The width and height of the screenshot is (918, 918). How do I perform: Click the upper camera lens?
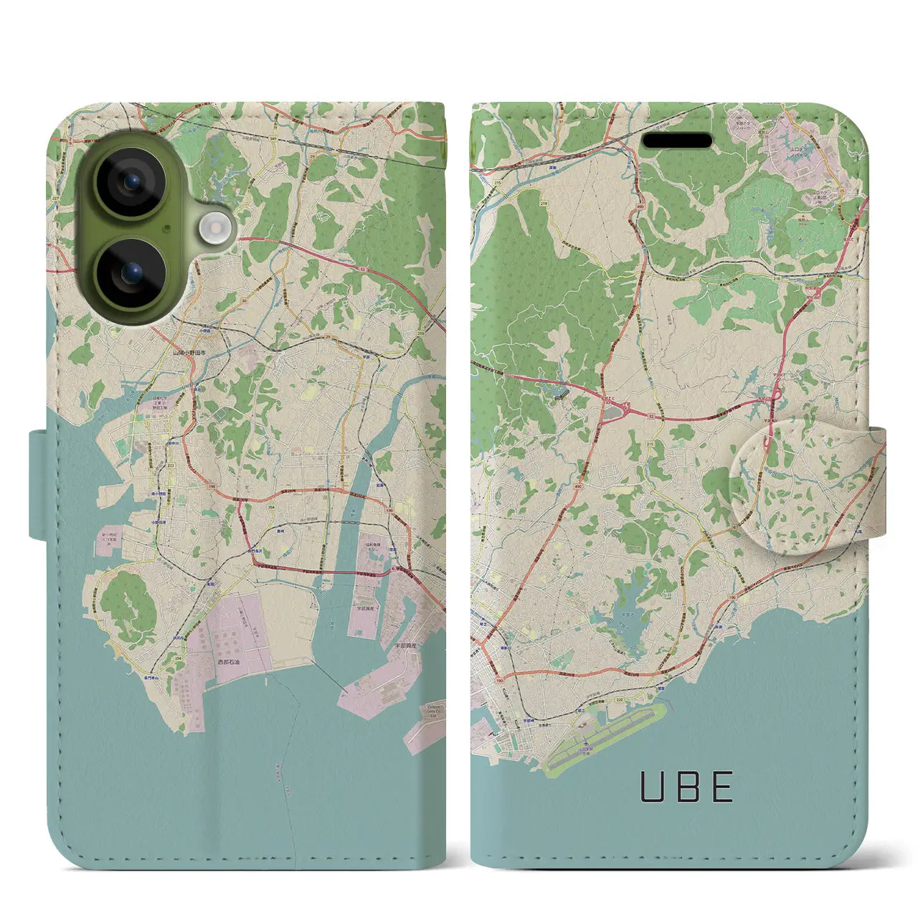[x=131, y=184]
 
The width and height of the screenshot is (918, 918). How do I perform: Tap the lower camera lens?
[x=131, y=273]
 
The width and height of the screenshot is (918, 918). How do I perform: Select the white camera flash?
[x=213, y=229]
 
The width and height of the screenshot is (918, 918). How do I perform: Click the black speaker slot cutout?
[x=676, y=141]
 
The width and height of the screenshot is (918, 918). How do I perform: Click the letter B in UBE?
[x=687, y=787]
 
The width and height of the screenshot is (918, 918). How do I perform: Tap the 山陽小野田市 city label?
[x=189, y=354]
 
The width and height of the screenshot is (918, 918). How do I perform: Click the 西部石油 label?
[x=230, y=662]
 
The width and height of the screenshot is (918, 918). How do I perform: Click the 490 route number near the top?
[x=638, y=209]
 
